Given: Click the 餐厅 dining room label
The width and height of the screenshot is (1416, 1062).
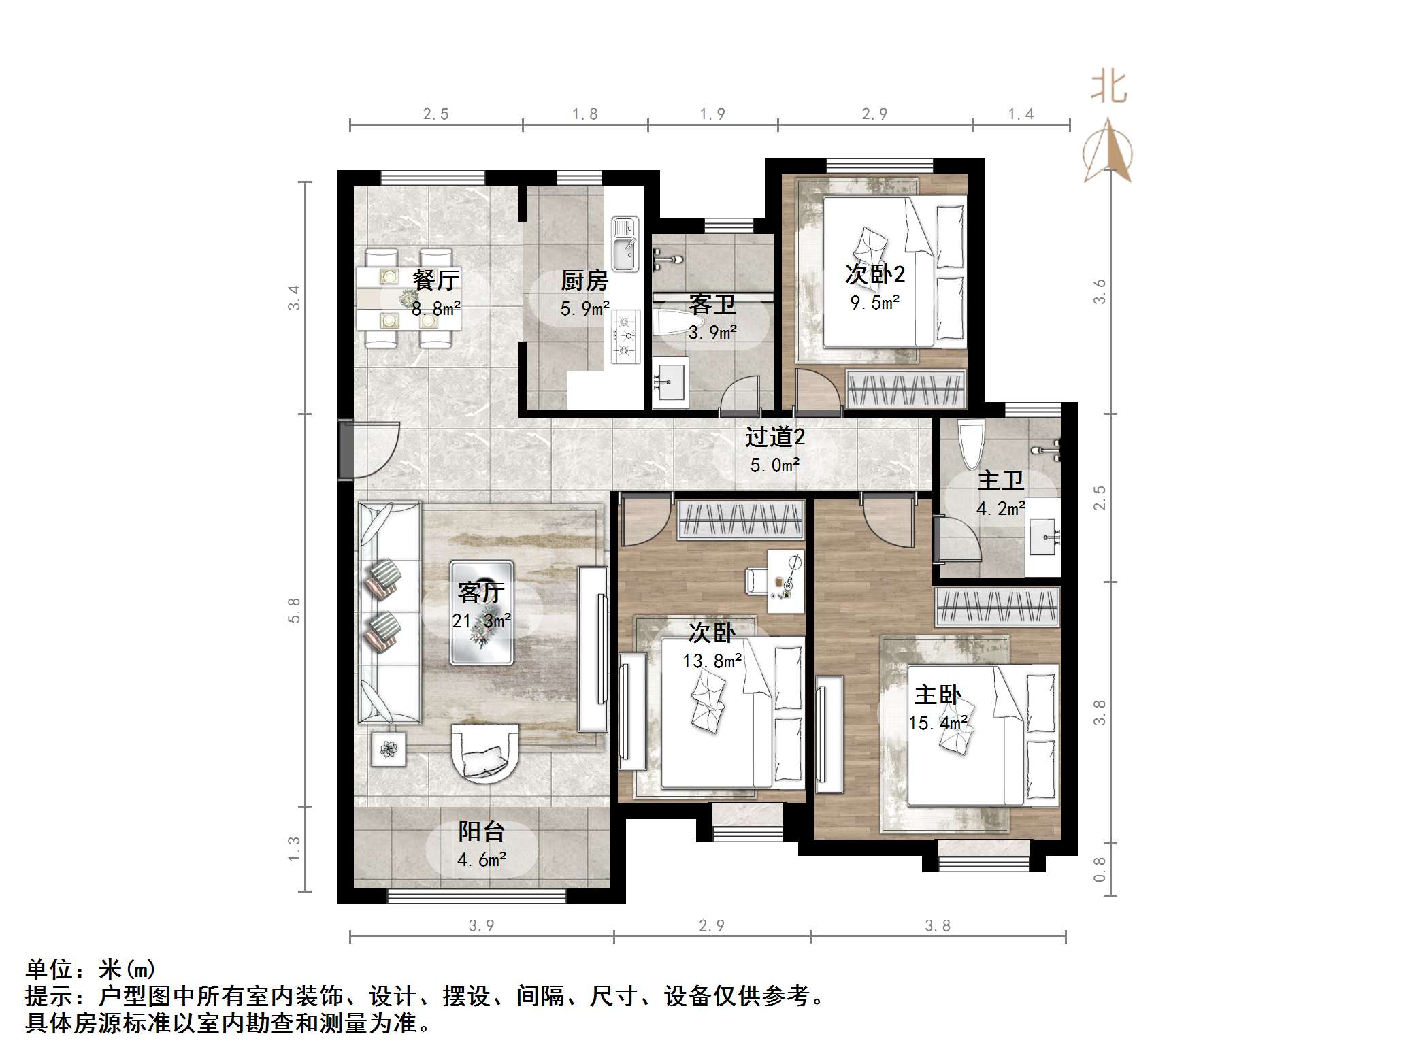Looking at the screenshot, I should coord(435,280).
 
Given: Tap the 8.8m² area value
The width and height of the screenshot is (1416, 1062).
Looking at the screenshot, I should coord(435,309).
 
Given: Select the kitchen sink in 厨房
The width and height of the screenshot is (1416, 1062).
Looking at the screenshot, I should coord(625,245).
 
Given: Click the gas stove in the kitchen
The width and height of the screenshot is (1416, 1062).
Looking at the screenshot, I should coord(625,336).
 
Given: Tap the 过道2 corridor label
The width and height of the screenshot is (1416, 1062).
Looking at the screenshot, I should coord(774,437).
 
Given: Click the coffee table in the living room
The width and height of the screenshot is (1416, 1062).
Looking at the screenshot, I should coord(481,612).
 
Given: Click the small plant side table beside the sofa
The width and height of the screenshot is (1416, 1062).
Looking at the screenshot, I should coord(389,749).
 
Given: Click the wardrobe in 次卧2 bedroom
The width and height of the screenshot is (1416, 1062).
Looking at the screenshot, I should coord(906,390).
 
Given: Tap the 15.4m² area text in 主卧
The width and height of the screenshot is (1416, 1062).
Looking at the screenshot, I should coord(938,723).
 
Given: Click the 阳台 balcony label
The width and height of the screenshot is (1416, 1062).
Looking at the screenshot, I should coord(481,831).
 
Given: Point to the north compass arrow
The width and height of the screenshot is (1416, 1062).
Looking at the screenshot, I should coord(1108,151).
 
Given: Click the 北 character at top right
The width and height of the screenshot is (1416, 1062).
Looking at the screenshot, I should coord(1108,88).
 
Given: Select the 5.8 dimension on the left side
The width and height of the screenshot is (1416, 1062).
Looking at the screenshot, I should coord(294,610).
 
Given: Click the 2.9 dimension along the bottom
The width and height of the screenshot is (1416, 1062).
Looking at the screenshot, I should coord(712,925).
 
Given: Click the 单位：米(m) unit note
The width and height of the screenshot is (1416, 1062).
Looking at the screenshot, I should coord(90,969).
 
